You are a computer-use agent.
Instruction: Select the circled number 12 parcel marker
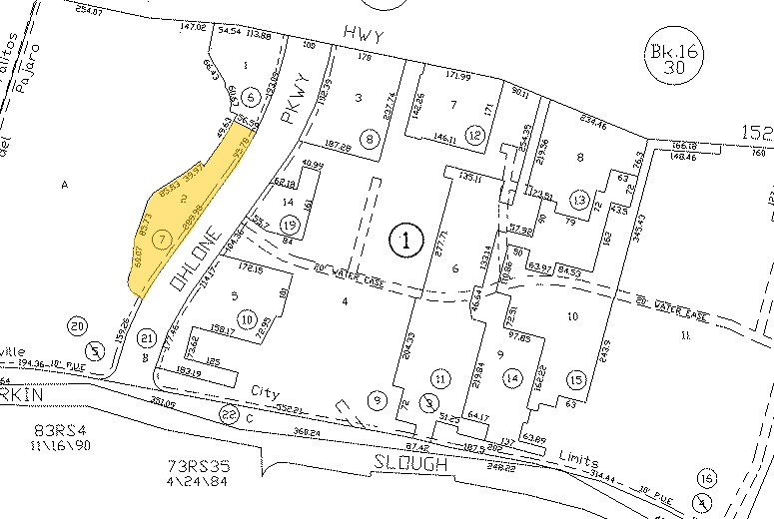474,135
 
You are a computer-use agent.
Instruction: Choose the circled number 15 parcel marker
574,380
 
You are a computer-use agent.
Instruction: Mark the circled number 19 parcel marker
291,224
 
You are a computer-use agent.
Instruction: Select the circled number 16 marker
708,476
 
